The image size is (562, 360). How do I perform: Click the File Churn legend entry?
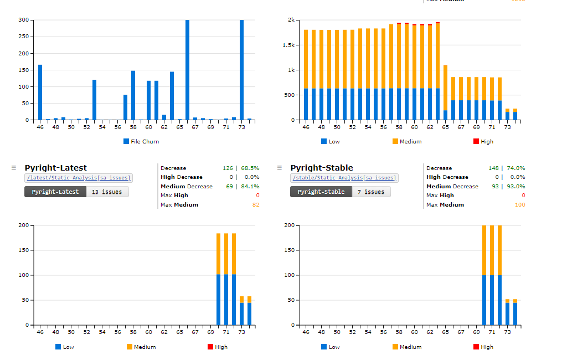141,141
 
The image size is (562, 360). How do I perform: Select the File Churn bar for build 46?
40,92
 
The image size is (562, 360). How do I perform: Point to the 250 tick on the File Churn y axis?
23,37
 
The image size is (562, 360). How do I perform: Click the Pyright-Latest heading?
56,168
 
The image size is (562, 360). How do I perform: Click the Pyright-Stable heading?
322,168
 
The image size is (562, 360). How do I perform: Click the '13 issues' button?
107,192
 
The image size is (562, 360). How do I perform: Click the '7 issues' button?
371,192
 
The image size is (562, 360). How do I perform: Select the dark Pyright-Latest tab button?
55,192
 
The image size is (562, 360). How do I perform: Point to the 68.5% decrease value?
250,168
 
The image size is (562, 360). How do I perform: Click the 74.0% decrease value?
515,168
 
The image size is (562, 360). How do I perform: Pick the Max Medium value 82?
255,205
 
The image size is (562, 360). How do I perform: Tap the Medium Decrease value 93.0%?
515,186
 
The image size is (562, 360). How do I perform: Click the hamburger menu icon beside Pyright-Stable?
280,167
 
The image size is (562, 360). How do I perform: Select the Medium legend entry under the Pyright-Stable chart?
407,347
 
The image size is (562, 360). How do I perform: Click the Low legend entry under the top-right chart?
331,141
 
